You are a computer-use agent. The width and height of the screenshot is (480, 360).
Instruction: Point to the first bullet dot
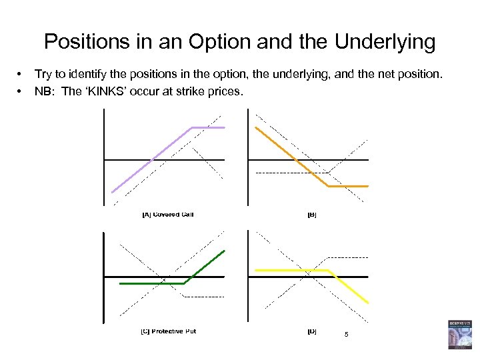click(x=21, y=74)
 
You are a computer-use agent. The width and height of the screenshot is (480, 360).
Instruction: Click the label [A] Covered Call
click(x=167, y=215)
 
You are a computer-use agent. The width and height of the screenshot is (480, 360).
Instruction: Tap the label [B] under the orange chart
click(x=312, y=215)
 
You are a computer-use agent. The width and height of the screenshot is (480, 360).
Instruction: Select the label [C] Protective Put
click(x=168, y=331)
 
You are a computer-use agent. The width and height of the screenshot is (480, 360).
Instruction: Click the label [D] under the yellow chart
click(x=312, y=331)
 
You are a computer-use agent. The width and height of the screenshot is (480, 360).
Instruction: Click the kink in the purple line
click(x=193, y=127)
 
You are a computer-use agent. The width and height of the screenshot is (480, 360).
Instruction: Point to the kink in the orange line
click(x=327, y=186)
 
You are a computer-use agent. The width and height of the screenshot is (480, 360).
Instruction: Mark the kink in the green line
click(x=184, y=284)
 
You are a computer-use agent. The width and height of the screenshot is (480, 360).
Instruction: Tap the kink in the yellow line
click(x=329, y=270)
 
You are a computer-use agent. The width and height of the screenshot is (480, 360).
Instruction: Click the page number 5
click(x=346, y=334)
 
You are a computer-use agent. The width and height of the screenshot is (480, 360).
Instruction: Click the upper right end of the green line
click(x=225, y=251)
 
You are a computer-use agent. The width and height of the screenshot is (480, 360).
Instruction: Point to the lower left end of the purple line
click(x=112, y=192)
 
